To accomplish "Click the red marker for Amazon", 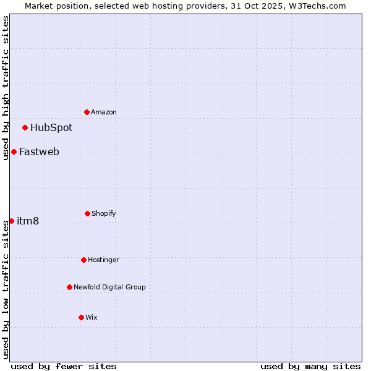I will (87, 112).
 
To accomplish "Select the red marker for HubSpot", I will (25, 128).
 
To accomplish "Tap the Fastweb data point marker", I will (14, 152).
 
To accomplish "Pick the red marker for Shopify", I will (87, 213).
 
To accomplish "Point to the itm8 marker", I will (11, 221).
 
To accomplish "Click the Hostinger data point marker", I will (83, 260).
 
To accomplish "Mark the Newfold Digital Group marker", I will (69, 287).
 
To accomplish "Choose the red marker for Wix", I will (81, 317).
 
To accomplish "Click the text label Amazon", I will (104, 112).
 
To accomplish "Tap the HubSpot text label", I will (51, 128).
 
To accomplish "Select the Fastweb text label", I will (39, 152).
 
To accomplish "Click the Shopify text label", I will (104, 213).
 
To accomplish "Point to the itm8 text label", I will (28, 221).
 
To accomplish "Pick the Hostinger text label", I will (103, 260).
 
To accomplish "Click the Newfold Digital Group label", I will (109, 287).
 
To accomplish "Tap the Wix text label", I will (92, 317).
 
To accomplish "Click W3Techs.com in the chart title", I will (315, 6).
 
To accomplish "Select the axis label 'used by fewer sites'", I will (64, 366).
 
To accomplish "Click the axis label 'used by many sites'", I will (310, 366).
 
